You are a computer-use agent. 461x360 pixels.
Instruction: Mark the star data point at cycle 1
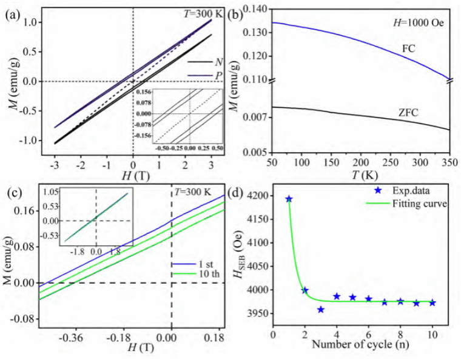click(x=289, y=199)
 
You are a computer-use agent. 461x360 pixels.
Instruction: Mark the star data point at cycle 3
click(x=321, y=309)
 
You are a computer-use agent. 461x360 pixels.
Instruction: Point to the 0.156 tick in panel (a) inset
click(x=144, y=92)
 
